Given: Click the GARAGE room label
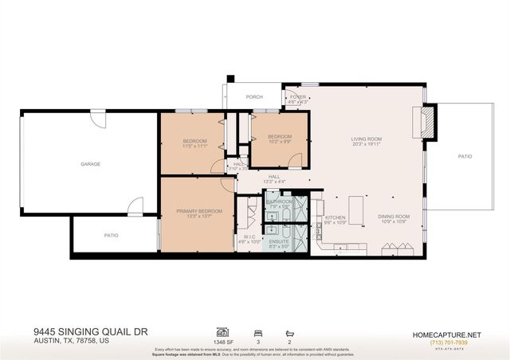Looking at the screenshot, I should (90, 163).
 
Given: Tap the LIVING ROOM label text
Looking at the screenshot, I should (367, 139).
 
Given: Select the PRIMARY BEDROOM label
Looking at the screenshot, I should (197, 211).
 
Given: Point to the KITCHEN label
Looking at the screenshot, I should (335, 217).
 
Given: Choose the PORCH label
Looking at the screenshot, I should (254, 97).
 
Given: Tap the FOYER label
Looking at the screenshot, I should (298, 97).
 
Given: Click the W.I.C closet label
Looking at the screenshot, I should (249, 237).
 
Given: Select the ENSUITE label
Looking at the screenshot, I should (279, 241).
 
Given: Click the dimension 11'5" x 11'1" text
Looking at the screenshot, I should (195, 147).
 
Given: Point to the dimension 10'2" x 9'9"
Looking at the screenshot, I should (279, 141).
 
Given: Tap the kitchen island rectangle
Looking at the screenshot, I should (356, 211).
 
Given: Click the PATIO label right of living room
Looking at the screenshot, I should (465, 156).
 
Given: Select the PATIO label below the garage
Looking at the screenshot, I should (112, 235).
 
